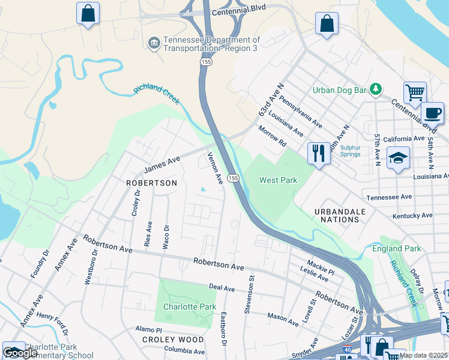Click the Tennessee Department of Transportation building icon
(x=154, y=43)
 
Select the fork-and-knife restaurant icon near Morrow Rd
(x=319, y=153)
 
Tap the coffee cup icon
(x=432, y=112)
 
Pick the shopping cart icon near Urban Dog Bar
(x=415, y=93)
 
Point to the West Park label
(x=278, y=180)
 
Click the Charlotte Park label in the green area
(x=190, y=307)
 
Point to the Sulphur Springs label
(x=351, y=151)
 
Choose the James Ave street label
(x=162, y=163)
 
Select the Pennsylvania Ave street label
(x=300, y=113)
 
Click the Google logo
(x=20, y=353)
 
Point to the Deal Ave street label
(x=221, y=289)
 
